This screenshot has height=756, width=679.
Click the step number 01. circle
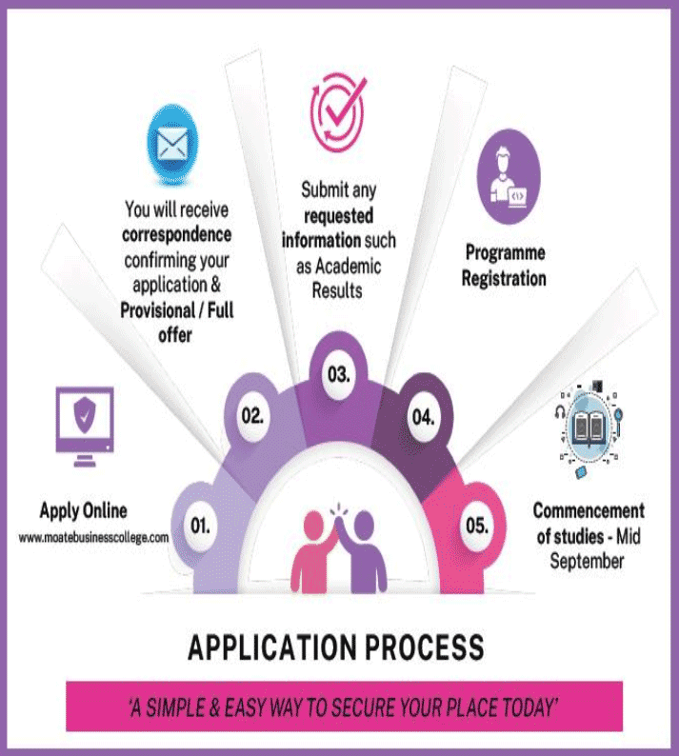point(200,525)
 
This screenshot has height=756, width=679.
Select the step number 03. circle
point(338,374)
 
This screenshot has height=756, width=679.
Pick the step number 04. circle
point(423,416)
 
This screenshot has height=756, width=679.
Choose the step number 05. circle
point(477,525)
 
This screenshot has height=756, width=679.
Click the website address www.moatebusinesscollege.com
point(93,537)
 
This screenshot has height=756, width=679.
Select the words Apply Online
point(83,510)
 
